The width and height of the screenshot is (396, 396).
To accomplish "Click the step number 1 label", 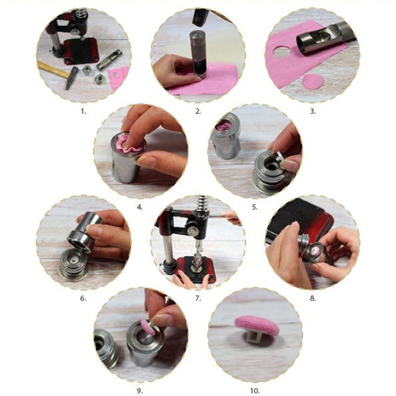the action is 83,111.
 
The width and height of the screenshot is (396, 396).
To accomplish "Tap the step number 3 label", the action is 313,111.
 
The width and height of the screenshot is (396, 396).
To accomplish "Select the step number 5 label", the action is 255,207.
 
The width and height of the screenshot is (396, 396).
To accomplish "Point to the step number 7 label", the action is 198,298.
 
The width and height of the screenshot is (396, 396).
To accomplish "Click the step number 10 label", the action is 254,391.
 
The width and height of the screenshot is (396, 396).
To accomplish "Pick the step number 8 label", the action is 313,298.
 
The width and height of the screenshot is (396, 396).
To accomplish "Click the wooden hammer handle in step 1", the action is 52,69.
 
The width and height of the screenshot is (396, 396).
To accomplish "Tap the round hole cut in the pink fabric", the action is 283,50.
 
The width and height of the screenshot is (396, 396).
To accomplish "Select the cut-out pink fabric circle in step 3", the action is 313,82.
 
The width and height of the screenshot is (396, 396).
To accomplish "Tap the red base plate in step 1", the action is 81,51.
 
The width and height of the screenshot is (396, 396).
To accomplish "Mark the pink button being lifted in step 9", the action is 147,327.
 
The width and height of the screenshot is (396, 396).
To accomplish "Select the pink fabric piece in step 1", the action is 117,78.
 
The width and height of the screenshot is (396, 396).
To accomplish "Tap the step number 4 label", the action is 140,207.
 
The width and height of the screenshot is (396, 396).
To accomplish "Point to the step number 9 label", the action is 140,391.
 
